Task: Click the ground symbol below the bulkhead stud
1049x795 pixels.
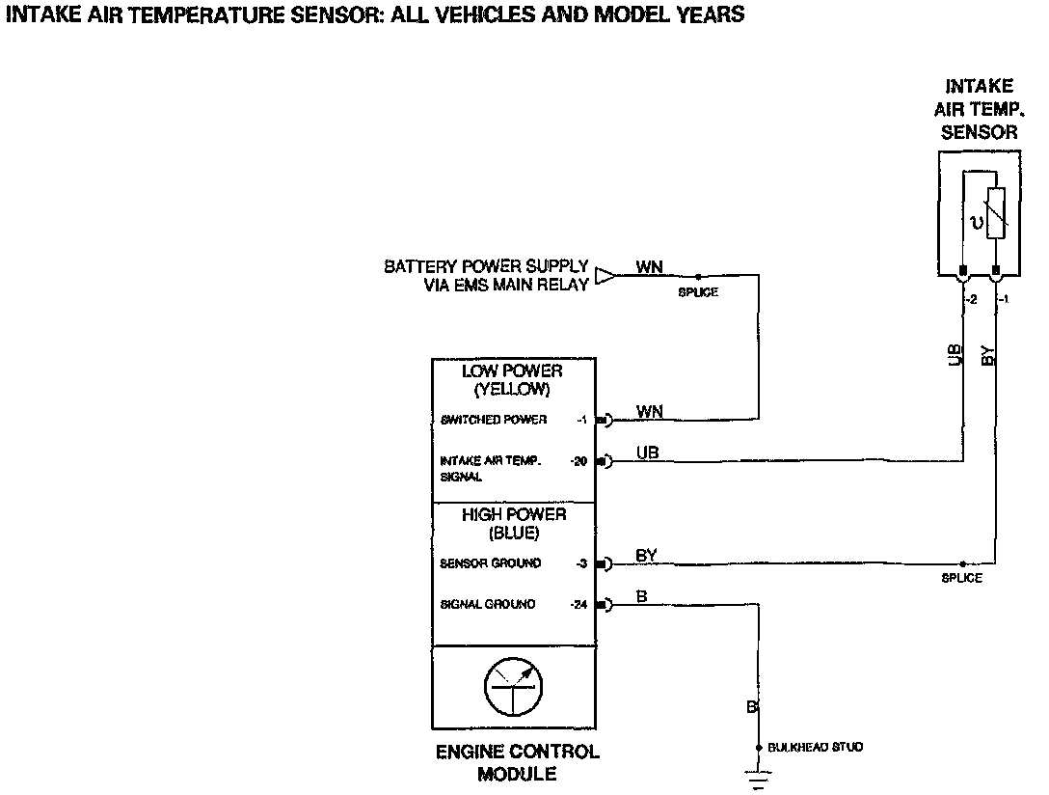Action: pos(759,779)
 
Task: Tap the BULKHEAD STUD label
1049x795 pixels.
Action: pos(815,747)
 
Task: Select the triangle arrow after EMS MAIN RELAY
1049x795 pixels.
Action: pos(605,276)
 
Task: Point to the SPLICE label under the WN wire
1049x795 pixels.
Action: pos(698,292)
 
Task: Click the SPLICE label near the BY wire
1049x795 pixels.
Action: pos(961,578)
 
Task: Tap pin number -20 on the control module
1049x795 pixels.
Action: pos(578,461)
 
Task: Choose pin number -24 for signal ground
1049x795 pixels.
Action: pos(579,605)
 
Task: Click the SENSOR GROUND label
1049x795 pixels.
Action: pos(491,563)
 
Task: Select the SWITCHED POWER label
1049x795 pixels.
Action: pos(494,420)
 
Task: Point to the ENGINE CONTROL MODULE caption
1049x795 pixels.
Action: pos(517,762)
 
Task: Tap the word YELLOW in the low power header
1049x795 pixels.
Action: pos(512,390)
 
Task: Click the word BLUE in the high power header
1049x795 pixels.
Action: pos(513,534)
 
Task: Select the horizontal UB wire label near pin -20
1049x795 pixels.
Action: pos(648,452)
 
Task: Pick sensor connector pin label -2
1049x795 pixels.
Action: pos(971,300)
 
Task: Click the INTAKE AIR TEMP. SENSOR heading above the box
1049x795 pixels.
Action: pos(979,109)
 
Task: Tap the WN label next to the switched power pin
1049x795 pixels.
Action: pos(650,411)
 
